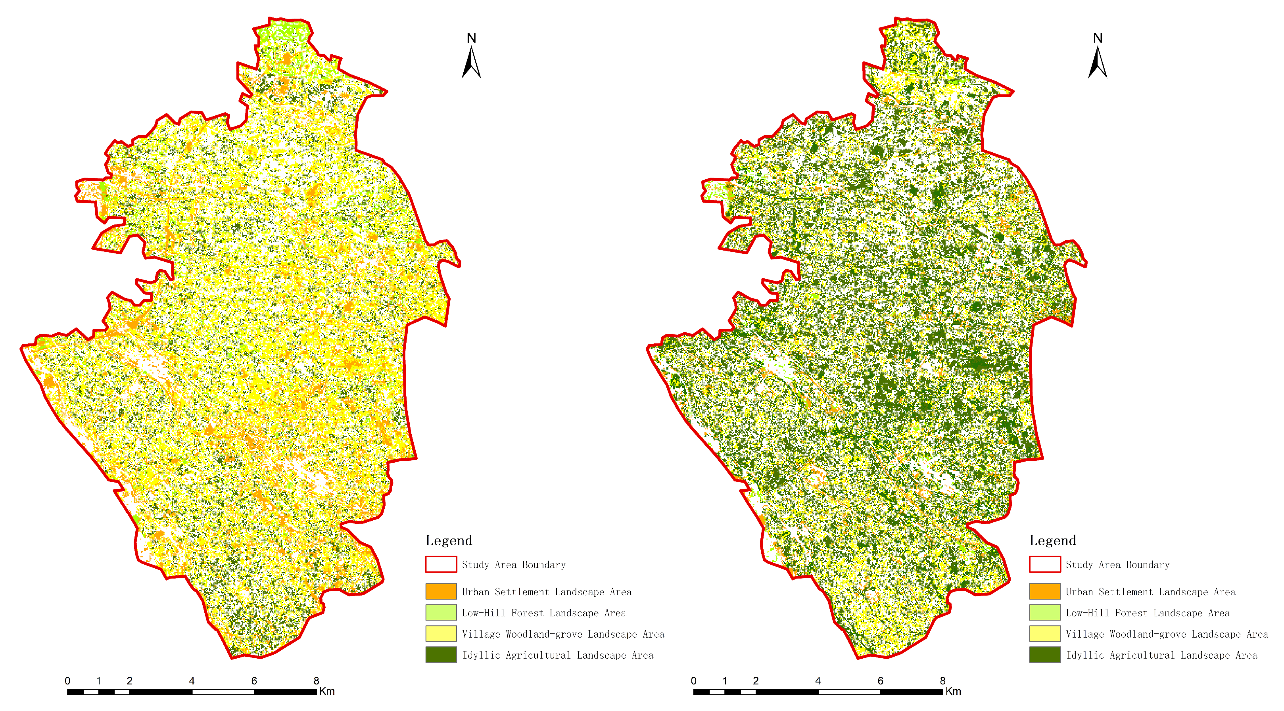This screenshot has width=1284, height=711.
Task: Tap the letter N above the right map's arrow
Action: point(1098,38)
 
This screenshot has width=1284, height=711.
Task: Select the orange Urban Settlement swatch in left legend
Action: point(441,591)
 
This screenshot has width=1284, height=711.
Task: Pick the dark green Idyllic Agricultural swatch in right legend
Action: point(1045,655)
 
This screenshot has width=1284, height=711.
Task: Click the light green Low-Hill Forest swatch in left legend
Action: point(441,612)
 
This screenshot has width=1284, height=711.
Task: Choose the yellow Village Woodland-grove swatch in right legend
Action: point(1045,633)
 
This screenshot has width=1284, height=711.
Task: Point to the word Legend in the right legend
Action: point(1052,540)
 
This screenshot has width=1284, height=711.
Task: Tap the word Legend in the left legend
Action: point(449,540)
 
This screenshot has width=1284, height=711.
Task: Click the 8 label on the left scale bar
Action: point(316,680)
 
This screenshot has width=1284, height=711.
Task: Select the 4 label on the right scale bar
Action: point(818,680)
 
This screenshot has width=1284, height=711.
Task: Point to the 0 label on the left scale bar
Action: point(67,680)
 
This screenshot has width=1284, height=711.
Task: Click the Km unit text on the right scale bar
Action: point(953,691)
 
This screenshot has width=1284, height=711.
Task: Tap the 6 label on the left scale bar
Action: point(254,680)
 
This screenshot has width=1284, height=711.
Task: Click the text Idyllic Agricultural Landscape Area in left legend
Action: point(557,655)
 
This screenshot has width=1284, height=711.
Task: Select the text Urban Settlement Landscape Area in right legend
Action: point(1150,592)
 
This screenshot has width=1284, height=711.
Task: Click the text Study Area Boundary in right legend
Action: point(1117,565)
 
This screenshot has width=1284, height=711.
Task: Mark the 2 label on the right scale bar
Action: point(756,680)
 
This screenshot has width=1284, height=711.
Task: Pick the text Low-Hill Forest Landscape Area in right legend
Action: point(1148,613)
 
